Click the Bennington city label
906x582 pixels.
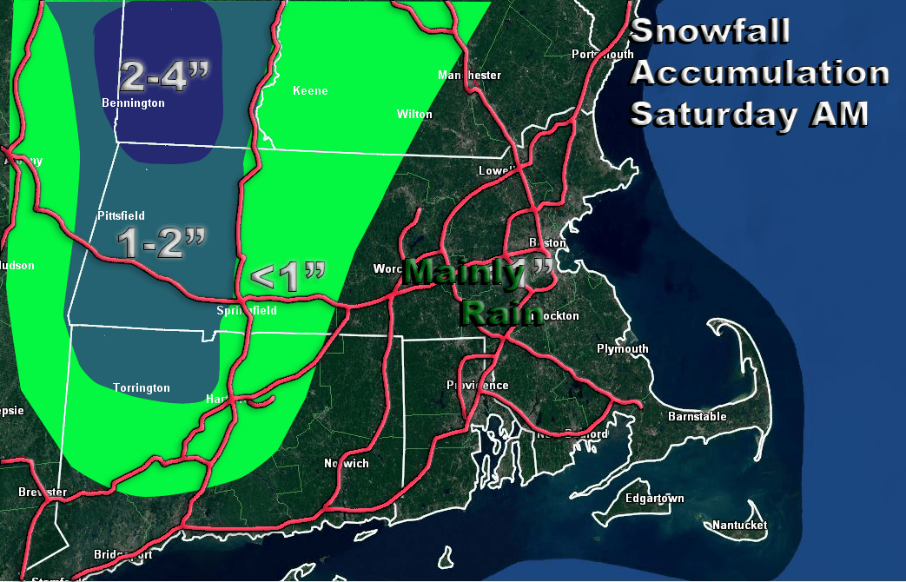pyautogui.click(x=133, y=103)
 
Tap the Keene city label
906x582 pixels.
pyautogui.click(x=310, y=91)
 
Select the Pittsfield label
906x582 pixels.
pyautogui.click(x=121, y=215)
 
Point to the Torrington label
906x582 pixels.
pyautogui.click(x=142, y=388)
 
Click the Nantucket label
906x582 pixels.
pyautogui.click(x=739, y=526)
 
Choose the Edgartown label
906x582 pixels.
pyautogui.click(x=655, y=499)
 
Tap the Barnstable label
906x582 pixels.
pyautogui.click(x=697, y=417)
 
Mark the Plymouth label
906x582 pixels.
pyautogui.click(x=622, y=349)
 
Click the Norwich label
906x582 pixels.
pyautogui.click(x=346, y=463)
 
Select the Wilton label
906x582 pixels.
pyautogui.click(x=414, y=114)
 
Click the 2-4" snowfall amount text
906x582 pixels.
pyautogui.click(x=164, y=77)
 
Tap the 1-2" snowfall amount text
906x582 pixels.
pyautogui.click(x=162, y=243)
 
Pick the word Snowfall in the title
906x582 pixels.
pyautogui.click(x=710, y=31)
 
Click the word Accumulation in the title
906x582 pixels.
pyautogui.click(x=759, y=73)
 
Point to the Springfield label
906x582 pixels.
pyautogui.click(x=247, y=310)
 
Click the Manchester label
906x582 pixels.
pyautogui.click(x=470, y=76)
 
